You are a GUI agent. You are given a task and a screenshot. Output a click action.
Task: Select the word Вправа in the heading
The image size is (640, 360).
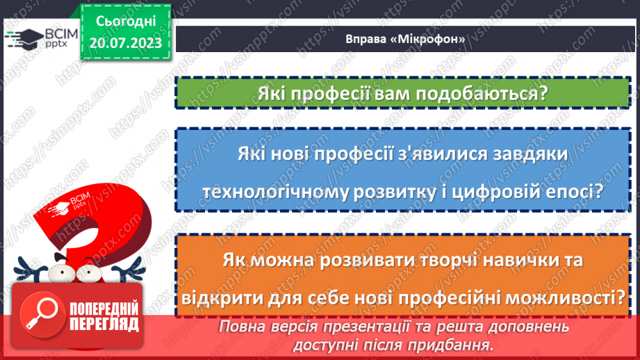pos(366,39)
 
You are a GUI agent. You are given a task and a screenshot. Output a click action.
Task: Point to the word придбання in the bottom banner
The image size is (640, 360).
pos(450,344)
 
